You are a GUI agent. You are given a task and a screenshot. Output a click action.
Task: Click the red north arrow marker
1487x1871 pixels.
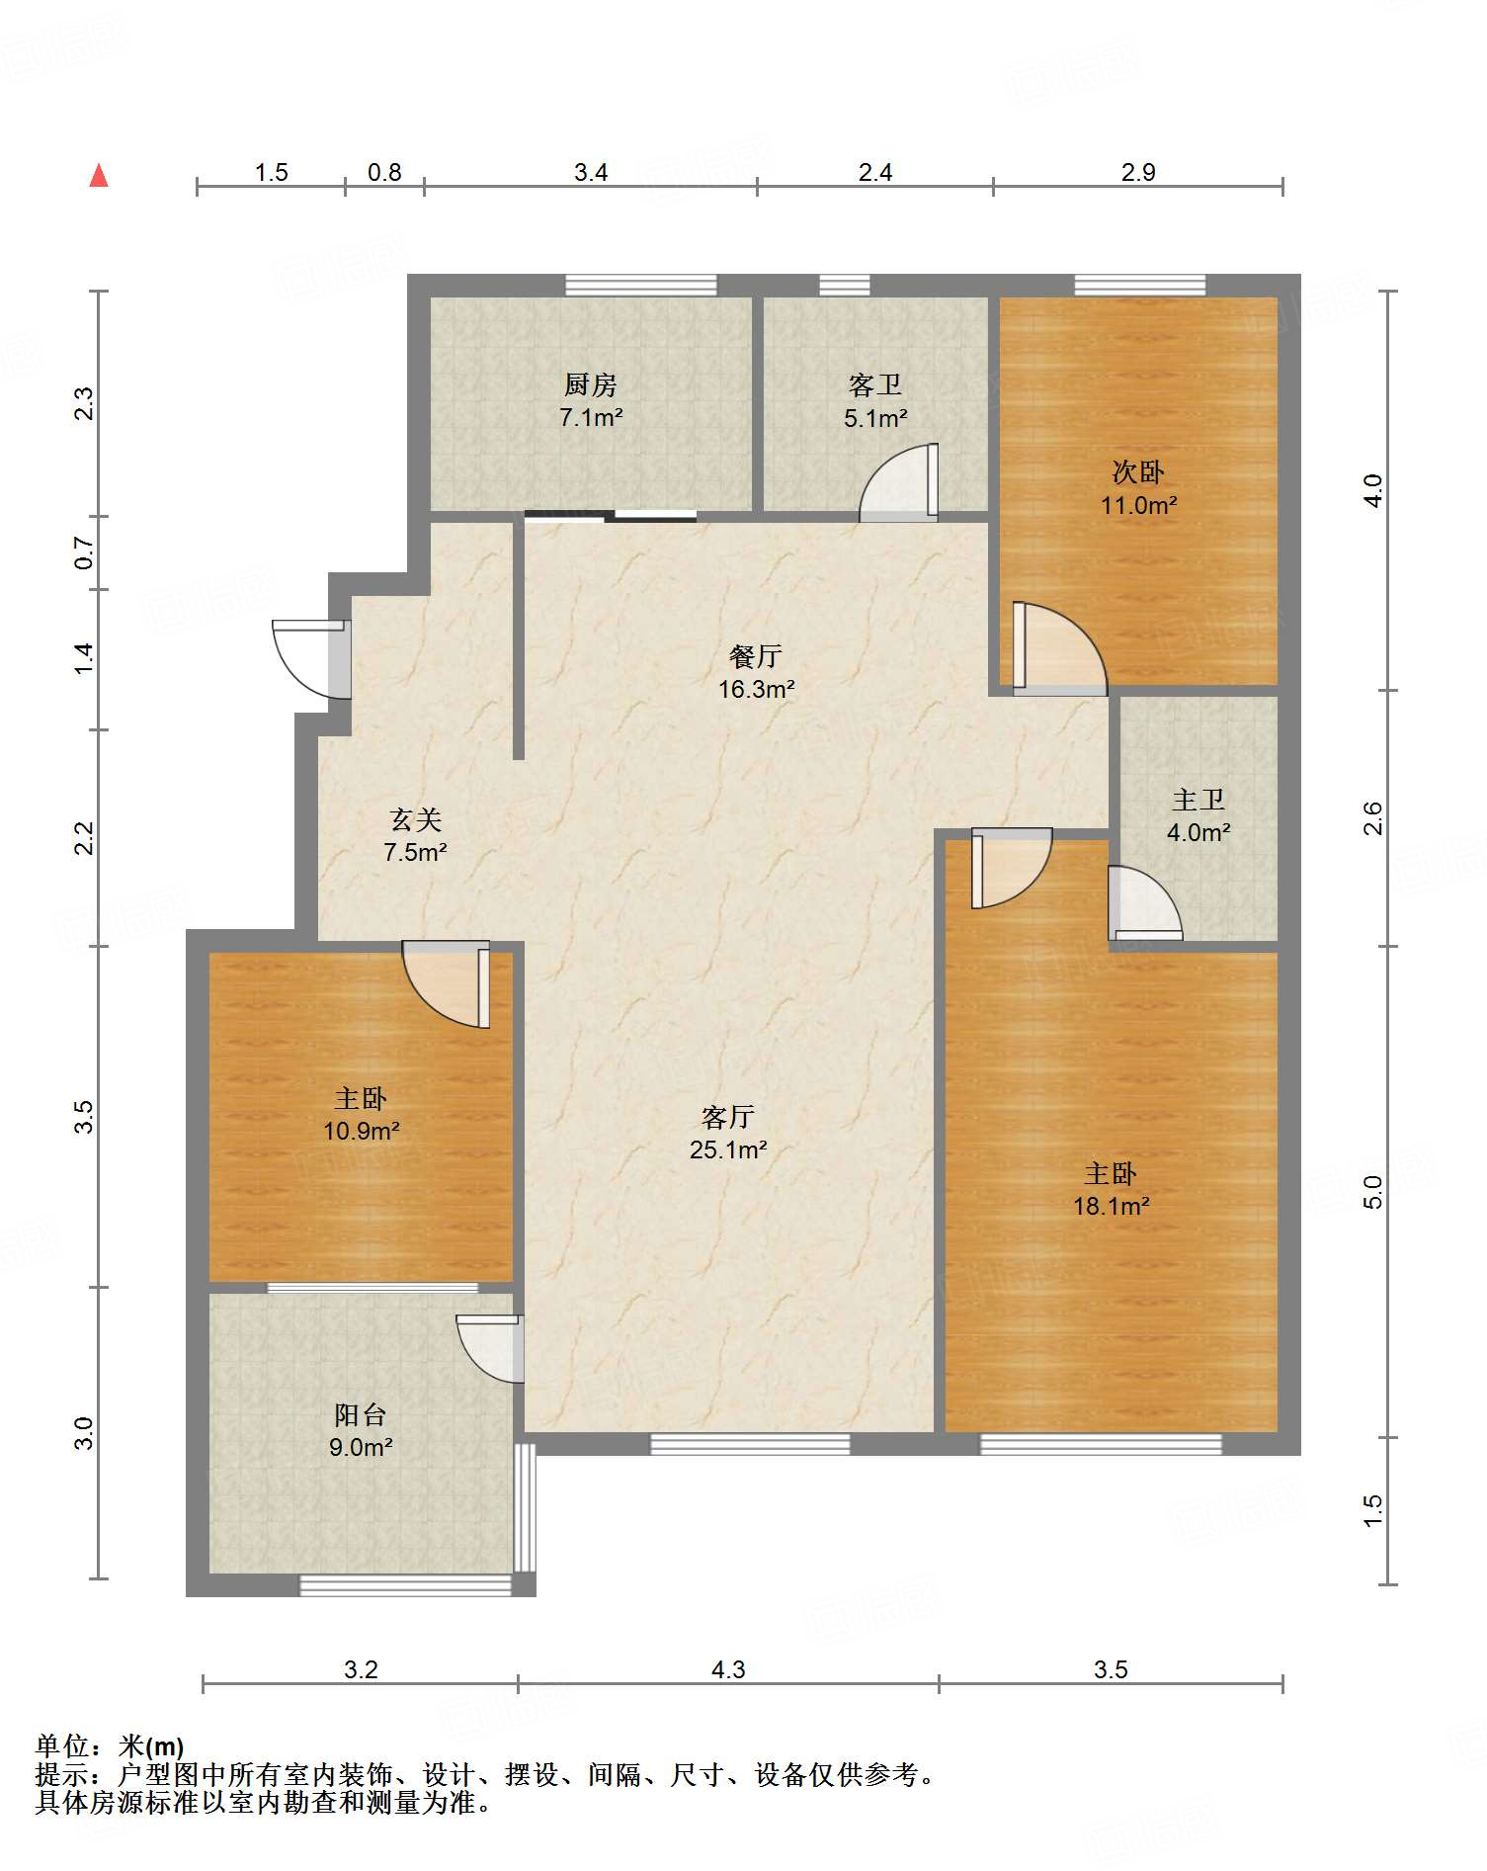pos(99,176)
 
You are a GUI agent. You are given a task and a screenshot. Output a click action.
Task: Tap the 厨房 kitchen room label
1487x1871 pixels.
pos(591,400)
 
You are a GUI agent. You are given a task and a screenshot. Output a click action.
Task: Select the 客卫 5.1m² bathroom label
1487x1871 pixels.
pos(875,400)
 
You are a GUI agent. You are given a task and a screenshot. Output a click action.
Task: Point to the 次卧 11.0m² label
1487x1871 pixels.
pos(1138,488)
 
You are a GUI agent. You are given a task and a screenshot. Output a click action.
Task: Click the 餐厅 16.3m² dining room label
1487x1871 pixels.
pos(756,672)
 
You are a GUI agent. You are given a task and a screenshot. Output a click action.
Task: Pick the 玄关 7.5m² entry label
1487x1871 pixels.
pos(415,835)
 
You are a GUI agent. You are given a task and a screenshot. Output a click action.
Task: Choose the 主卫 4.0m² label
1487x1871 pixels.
pos(1198,815)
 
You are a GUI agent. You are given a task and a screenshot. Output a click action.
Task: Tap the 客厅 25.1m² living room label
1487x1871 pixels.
pos(728,1133)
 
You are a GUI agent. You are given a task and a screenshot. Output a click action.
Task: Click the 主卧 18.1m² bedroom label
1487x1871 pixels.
pos(1111,1189)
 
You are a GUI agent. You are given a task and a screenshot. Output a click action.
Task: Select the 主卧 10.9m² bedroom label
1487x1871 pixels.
pos(361,1114)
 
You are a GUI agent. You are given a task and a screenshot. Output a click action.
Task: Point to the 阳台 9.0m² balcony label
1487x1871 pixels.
pos(361,1430)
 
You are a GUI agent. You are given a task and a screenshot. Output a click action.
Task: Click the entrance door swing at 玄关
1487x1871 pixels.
pos(310,658)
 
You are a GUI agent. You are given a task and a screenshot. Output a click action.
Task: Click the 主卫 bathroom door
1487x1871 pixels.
pos(1145,903)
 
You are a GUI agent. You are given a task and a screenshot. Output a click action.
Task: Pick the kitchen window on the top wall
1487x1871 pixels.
pos(641,285)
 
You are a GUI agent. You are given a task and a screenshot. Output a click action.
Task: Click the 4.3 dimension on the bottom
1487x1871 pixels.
pos(728,1669)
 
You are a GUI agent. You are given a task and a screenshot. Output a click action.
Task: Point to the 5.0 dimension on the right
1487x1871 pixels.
pos(1372,1192)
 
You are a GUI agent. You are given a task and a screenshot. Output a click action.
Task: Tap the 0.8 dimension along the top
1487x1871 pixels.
pos(384,172)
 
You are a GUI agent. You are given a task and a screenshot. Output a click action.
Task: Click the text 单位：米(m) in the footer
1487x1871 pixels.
pos(110,1746)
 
